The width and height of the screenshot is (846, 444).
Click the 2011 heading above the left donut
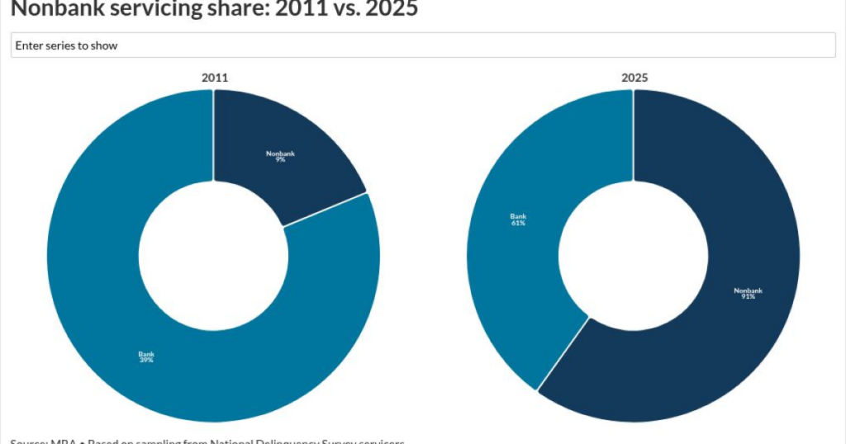[215, 78]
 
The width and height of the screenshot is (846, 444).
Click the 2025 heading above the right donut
[634, 78]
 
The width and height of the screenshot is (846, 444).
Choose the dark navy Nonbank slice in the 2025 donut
[727, 330]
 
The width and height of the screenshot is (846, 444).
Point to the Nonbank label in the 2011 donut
[281, 154]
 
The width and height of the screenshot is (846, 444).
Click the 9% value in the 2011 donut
[281, 159]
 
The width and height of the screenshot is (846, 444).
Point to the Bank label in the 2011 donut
[146, 354]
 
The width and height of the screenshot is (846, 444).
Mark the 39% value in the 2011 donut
[146, 360]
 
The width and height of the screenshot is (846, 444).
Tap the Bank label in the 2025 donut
[518, 216]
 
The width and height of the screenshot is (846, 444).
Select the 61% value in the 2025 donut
[518, 223]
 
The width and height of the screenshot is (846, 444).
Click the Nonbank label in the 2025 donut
[749, 290]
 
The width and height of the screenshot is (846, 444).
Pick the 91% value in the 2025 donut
[749, 296]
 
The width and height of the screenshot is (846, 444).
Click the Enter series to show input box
[423, 45]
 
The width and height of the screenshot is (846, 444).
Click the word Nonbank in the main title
[50, 9]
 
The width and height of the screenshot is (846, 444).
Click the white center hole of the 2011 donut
[213, 256]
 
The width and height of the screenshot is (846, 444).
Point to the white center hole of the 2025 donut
[634, 256]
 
